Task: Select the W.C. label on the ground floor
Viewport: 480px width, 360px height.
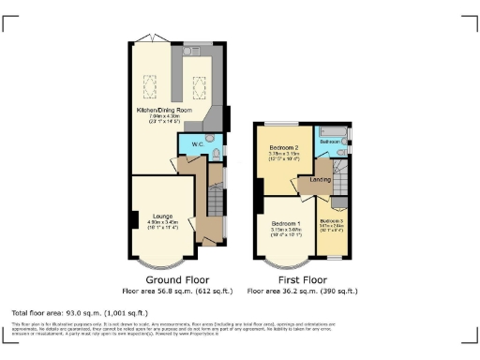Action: [x=198, y=144]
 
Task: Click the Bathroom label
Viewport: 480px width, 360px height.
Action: [x=330, y=142]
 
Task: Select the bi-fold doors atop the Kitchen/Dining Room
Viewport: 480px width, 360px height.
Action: [x=145, y=39]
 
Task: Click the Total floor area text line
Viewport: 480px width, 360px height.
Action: [x=70, y=311]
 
